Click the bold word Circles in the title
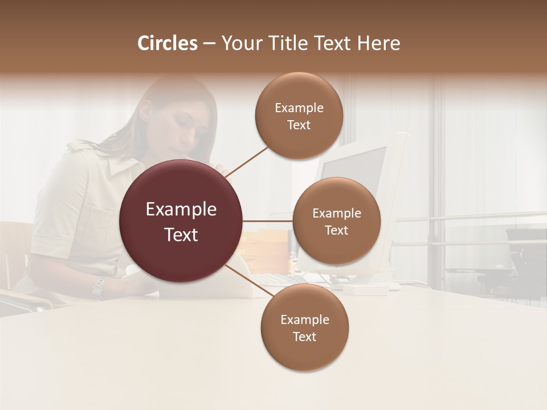point(168,43)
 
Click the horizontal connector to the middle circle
point(268,221)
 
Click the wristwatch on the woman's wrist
point(99,288)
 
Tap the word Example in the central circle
point(181,210)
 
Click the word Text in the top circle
point(299,125)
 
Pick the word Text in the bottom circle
point(304,337)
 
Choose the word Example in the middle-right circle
point(336,214)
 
